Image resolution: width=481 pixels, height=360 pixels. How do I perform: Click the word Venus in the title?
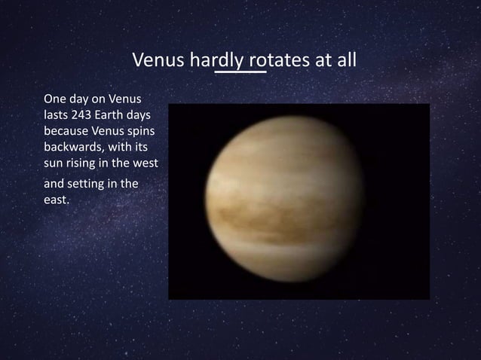coord(155,59)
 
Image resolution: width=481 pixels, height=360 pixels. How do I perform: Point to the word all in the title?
coord(345,59)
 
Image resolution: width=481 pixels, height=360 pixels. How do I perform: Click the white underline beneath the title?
coord(240,74)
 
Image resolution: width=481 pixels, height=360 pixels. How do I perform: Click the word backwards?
coord(68,147)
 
